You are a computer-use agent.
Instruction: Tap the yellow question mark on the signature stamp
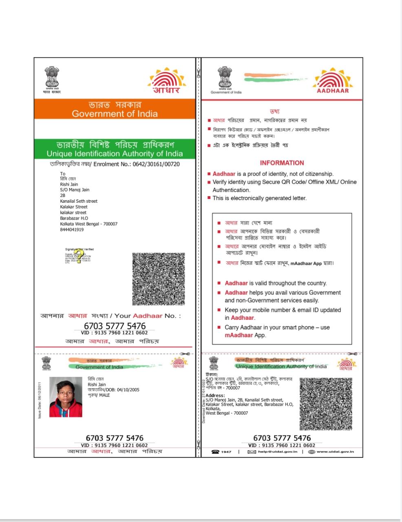79,257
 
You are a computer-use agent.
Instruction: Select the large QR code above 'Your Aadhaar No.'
158,279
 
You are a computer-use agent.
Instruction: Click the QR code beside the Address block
326,403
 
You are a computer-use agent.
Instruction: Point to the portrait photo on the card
66,397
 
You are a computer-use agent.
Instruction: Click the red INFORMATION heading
282,163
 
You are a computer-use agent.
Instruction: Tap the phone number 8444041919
72,230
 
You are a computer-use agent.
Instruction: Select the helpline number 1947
226,451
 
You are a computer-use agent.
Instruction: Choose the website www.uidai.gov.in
335,451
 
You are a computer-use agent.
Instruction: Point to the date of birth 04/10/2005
128,389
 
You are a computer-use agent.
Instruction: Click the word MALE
104,395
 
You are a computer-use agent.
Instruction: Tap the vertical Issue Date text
40,400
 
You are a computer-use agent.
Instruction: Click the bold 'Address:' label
215,395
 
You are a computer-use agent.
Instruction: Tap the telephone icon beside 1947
215,451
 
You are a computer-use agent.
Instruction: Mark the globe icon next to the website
311,451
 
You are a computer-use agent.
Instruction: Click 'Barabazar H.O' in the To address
74,218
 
